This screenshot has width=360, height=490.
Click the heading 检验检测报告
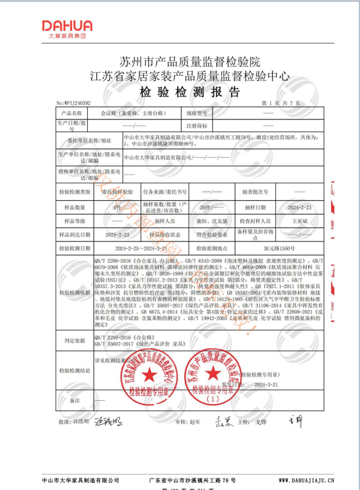click(181, 92)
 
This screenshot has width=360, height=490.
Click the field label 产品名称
click(73, 113)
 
